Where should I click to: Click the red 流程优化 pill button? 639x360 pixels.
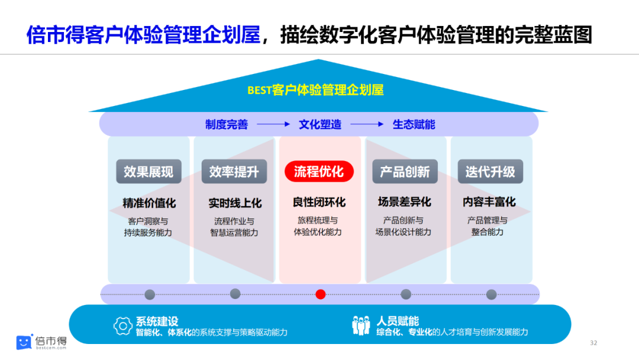click(319, 172)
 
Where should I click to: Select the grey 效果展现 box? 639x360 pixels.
click(149, 172)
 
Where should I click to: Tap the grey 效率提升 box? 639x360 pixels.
click(234, 172)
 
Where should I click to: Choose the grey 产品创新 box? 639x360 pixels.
click(405, 172)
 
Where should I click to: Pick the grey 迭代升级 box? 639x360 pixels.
click(490, 172)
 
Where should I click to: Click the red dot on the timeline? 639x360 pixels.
click(321, 294)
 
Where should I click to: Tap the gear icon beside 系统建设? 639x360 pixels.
click(122, 326)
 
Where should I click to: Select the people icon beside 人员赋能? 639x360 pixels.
click(361, 326)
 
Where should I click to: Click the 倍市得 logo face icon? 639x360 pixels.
click(24, 342)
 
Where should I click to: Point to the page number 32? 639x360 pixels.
click(594, 343)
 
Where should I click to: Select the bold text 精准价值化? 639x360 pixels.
click(149, 202)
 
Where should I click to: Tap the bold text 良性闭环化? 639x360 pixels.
click(319, 202)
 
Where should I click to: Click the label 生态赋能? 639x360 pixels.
click(414, 125)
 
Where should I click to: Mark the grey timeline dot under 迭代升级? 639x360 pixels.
click(491, 294)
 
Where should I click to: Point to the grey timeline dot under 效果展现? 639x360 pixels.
click(150, 294)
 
